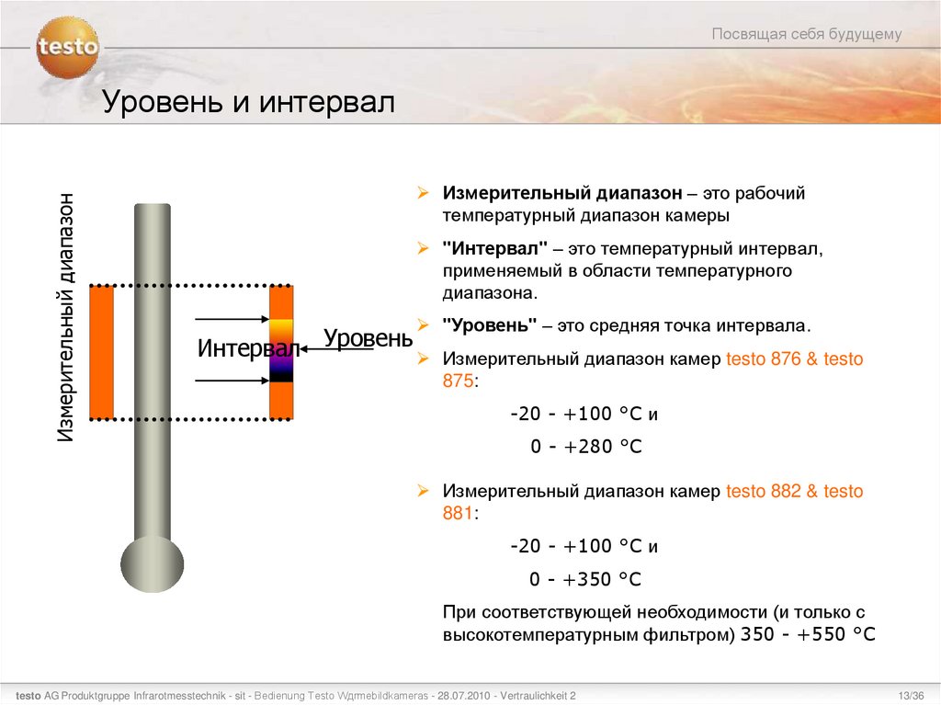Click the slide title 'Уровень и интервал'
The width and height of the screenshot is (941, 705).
tap(247, 101)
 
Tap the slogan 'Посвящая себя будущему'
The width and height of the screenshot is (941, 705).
tap(807, 34)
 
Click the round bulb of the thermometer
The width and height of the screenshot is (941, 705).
tap(152, 563)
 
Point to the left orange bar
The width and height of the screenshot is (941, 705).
tap(101, 352)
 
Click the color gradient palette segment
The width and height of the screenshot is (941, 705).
tap(281, 350)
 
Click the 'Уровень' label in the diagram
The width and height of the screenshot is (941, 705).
tap(368, 338)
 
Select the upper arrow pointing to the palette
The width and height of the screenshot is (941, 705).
tap(230, 319)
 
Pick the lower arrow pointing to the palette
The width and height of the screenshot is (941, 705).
tap(230, 379)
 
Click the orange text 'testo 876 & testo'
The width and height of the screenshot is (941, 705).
tap(795, 359)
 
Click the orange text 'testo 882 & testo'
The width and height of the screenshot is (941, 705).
tap(795, 492)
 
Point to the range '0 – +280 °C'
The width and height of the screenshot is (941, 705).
tap(585, 447)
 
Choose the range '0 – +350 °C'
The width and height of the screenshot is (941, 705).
tap(585, 579)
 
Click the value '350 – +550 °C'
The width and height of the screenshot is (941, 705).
tap(808, 634)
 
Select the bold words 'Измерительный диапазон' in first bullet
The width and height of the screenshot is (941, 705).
tap(562, 194)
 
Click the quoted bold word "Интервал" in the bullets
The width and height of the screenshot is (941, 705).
tap(495, 249)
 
